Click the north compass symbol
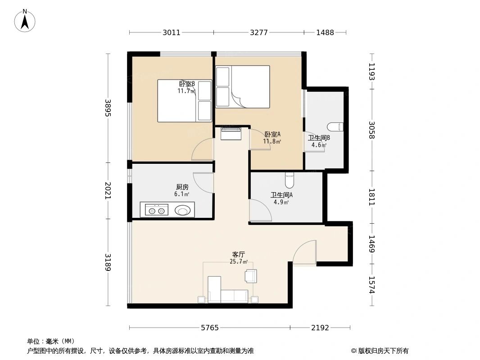pos(26,20)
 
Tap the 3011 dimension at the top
pos(171,32)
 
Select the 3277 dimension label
pos(259,32)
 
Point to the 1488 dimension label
pos(325,32)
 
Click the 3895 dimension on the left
pos(108,108)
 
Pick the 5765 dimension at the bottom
pos(209,328)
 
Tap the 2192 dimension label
pos(320,328)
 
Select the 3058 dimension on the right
pos(371,130)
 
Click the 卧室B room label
pos(186,84)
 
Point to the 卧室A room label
pos(272,134)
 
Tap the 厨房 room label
pos(182,187)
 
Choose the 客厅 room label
pos(239,254)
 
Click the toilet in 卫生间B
pos(336,126)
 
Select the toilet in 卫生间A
pos(290,180)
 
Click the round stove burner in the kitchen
pos(183,210)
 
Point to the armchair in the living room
pos(250,276)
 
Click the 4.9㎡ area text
pos(281,202)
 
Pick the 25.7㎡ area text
pos(239,261)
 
